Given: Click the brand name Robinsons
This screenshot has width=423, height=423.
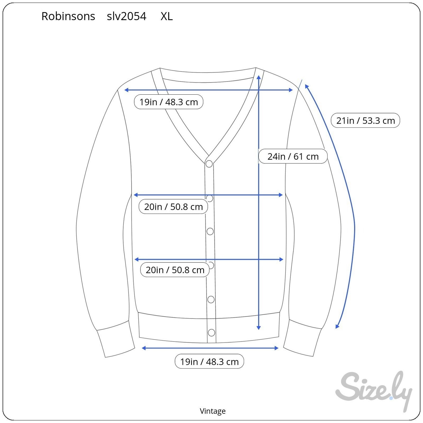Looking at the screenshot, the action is coord(68,16).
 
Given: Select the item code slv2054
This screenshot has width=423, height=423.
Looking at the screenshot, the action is coord(126,16).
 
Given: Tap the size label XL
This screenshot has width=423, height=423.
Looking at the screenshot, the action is coord(167,16).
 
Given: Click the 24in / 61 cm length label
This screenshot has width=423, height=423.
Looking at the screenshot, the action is coord(293,157).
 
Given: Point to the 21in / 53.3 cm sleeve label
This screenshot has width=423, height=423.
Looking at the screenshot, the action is coord(365,121).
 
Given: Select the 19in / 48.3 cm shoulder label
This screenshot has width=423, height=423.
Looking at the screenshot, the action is coord(169,102).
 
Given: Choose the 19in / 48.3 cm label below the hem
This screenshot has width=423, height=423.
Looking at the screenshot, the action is coord(209,361).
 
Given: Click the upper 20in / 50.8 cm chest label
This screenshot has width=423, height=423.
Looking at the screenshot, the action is coord(173,206).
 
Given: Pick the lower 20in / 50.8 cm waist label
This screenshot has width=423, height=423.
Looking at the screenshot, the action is coord(175,270).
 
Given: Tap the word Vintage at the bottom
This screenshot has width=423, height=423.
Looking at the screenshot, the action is coord(213,411).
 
